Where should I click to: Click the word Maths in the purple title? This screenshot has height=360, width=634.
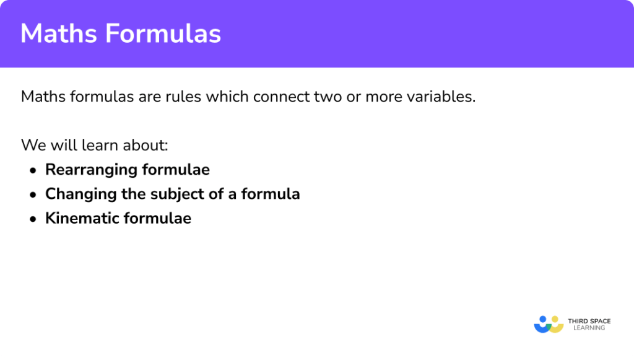(x=59, y=33)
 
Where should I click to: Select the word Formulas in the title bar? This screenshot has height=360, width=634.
(x=163, y=33)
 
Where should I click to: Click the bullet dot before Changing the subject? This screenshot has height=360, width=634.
(x=33, y=195)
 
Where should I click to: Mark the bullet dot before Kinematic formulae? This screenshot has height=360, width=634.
(x=33, y=219)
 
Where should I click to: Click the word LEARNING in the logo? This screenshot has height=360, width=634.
(x=589, y=328)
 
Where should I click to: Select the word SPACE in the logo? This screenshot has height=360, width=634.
(x=599, y=321)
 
